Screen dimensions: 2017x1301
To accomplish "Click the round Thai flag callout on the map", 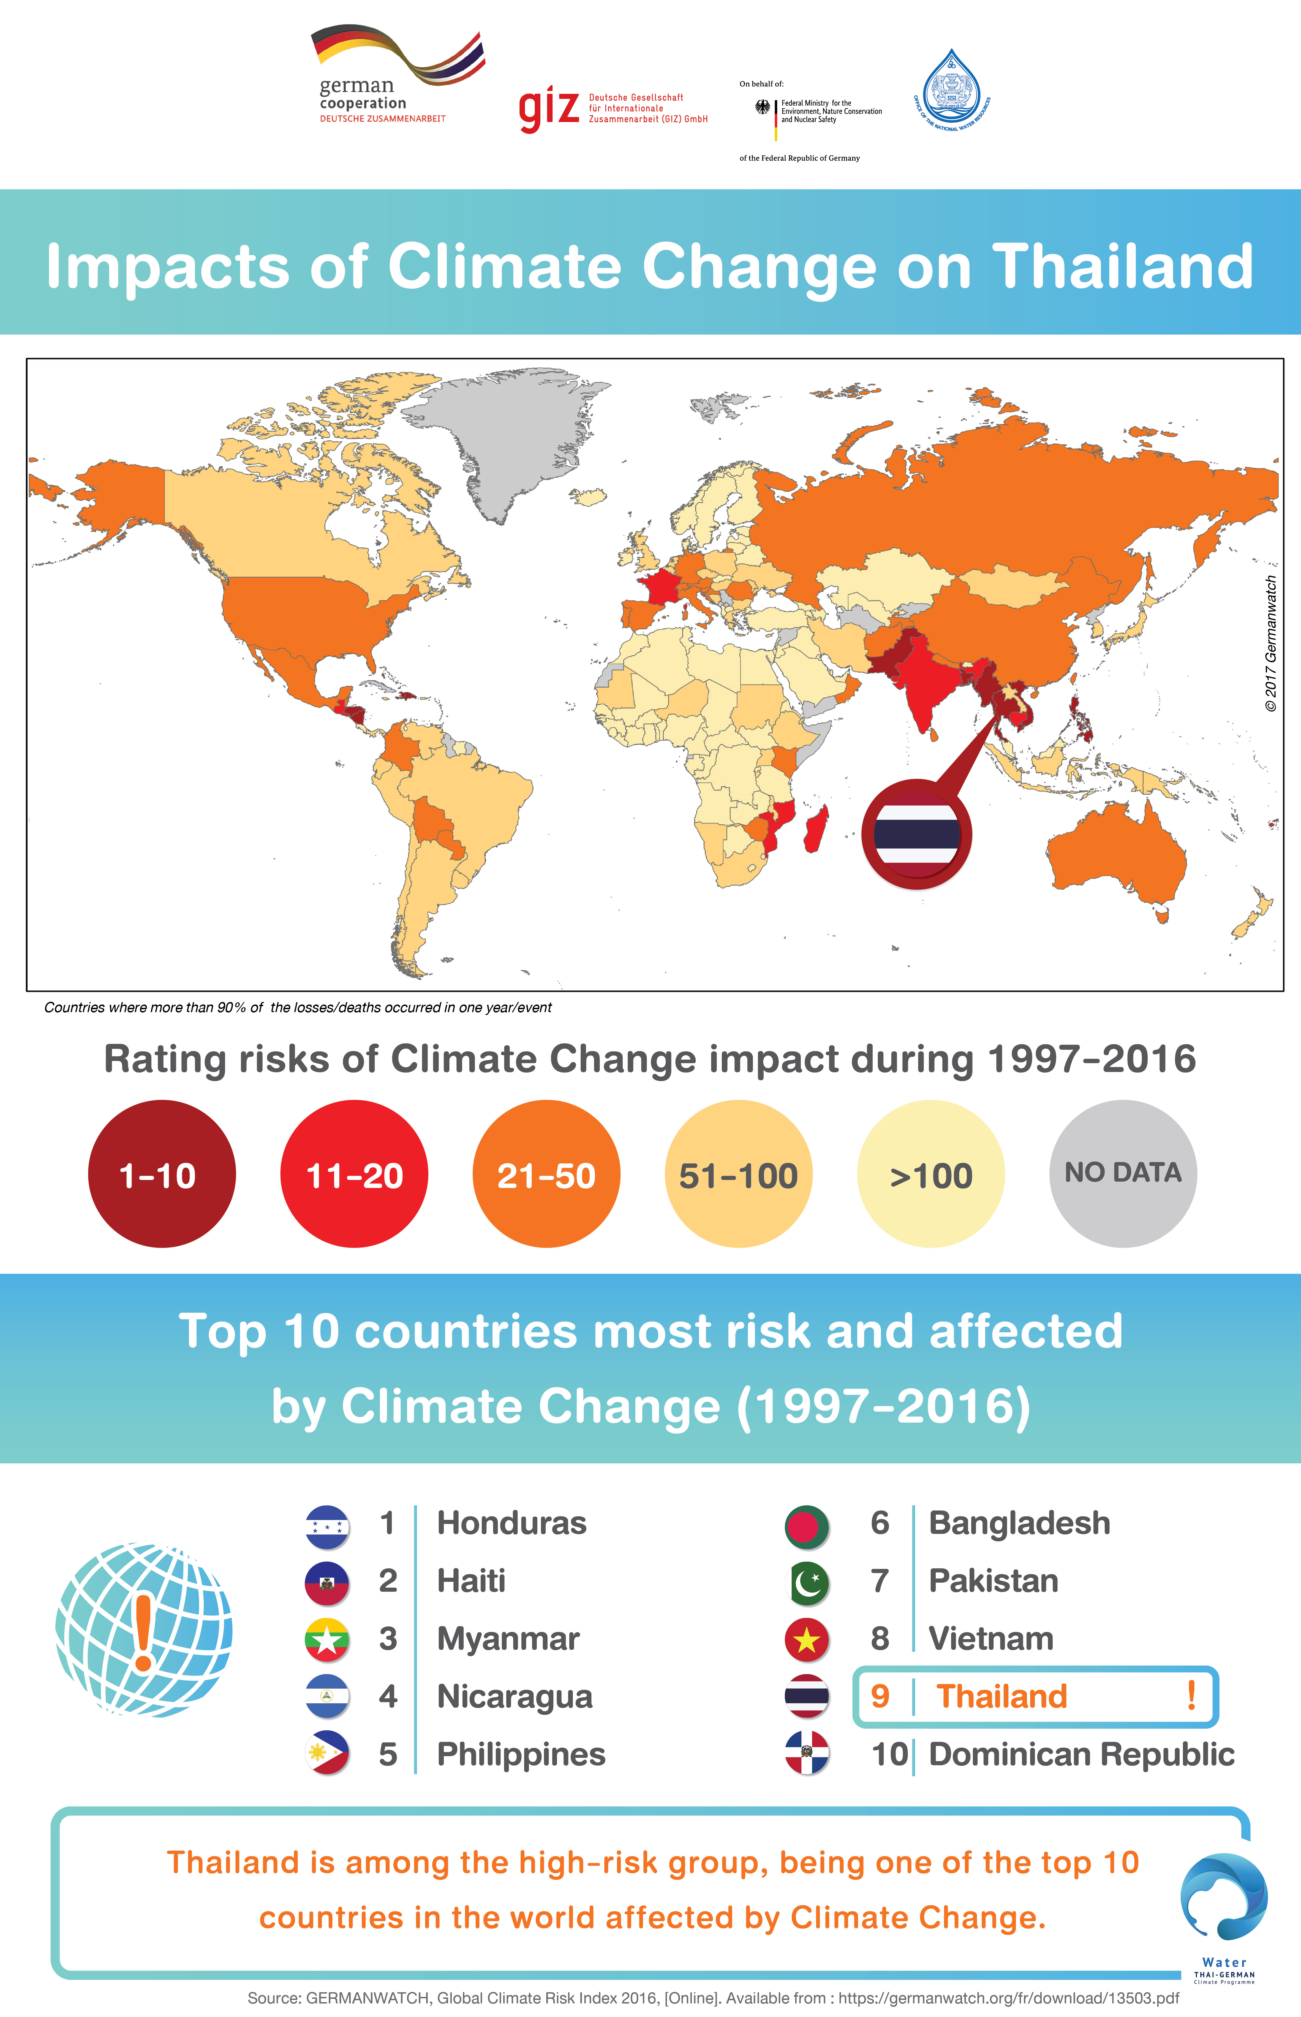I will [917, 834].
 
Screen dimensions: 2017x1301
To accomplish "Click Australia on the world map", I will [1115, 854].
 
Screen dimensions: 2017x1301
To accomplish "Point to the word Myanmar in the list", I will [508, 1639].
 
